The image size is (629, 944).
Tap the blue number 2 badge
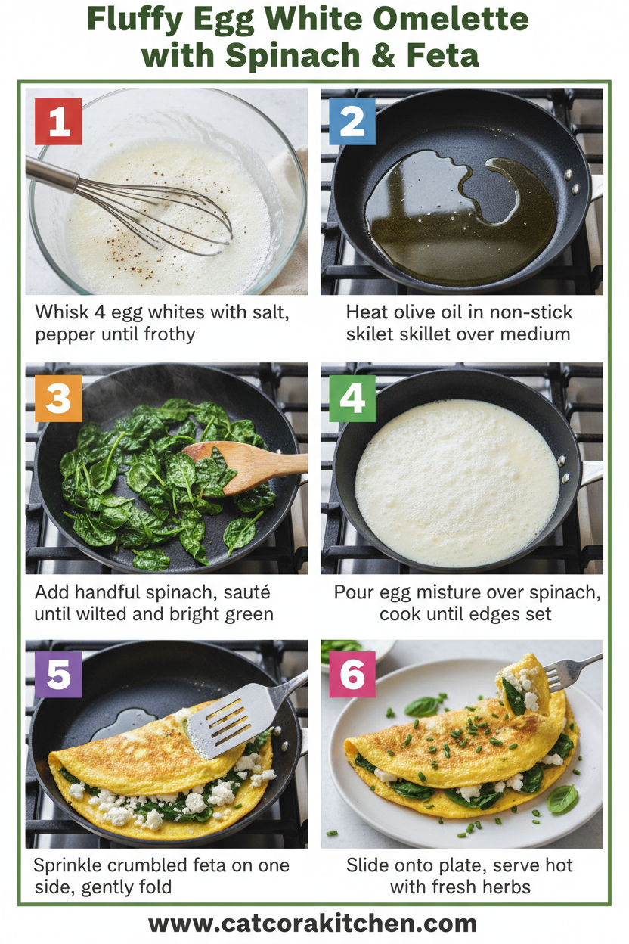click(352, 121)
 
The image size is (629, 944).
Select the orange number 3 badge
click(58, 398)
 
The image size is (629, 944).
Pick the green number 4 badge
click(352, 398)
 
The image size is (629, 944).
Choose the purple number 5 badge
click(58, 674)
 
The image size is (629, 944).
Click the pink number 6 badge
click(352, 674)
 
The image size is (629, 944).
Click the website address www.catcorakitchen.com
click(313, 924)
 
